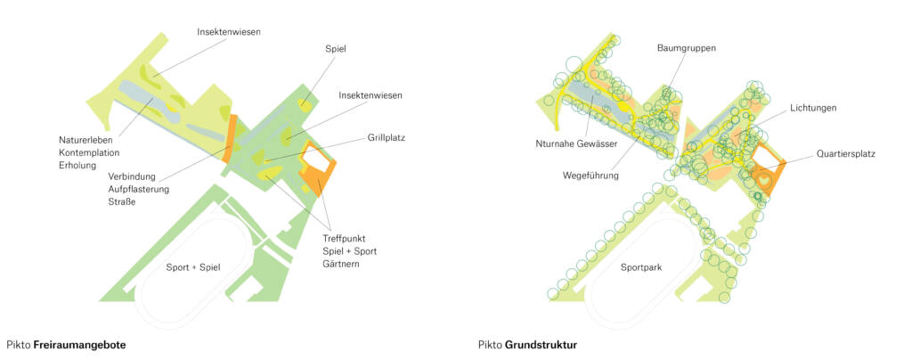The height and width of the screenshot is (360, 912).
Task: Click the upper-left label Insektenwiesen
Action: [x=229, y=32]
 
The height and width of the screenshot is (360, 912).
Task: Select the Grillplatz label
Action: [x=386, y=138]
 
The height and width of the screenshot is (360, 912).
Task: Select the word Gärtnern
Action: [x=341, y=265]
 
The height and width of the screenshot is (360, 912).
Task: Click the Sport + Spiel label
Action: [x=193, y=267]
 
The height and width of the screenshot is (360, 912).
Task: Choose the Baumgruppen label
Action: [x=687, y=47]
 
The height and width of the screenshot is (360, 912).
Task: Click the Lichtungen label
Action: [x=812, y=108]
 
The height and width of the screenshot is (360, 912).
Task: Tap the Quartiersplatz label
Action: [x=845, y=154]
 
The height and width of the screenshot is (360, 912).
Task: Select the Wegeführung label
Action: [x=590, y=175]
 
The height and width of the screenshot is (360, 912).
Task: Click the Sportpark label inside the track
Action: [x=645, y=267]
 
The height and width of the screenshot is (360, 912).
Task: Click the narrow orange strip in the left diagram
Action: [x=232, y=138]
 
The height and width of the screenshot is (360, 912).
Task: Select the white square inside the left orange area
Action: [x=317, y=160]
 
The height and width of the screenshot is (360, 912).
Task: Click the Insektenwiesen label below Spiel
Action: [x=370, y=95]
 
